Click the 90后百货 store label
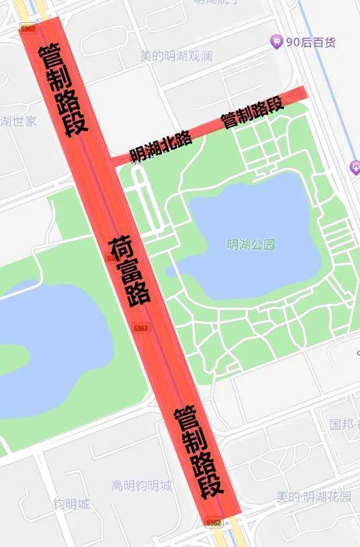click(x=311, y=42)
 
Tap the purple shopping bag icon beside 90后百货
click(x=276, y=42)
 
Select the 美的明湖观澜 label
click(x=176, y=56)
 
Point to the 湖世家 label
click(x=18, y=121)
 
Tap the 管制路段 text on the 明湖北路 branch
click(x=252, y=112)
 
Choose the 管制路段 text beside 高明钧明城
click(x=199, y=452)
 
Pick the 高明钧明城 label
click(x=142, y=485)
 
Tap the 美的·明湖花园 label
click(x=314, y=497)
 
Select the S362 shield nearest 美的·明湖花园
click(x=213, y=522)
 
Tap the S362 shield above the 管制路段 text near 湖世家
click(x=28, y=29)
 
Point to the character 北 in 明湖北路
click(x=168, y=143)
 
